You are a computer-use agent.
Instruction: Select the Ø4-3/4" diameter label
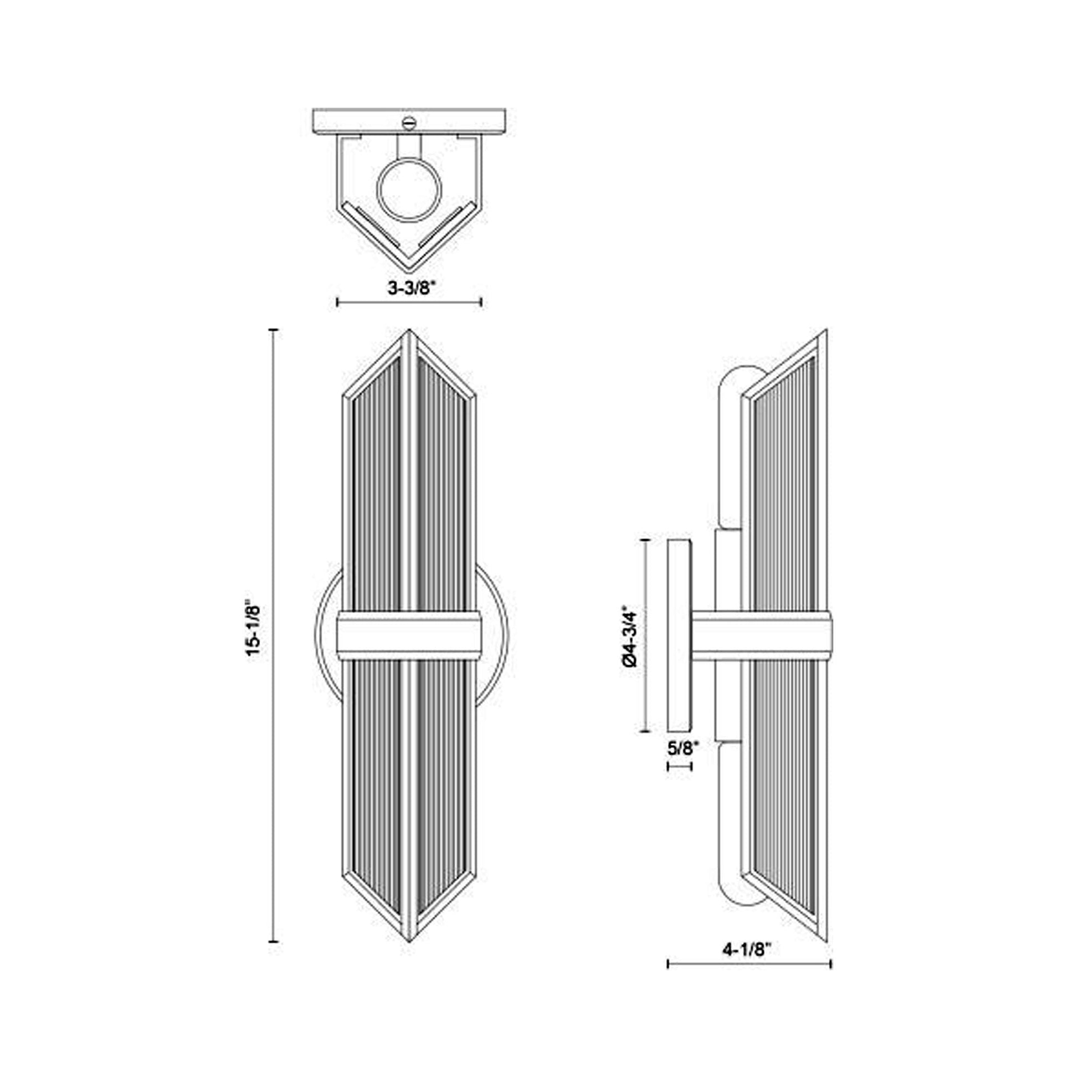(x=630, y=636)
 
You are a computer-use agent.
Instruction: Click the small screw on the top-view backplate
(x=409, y=121)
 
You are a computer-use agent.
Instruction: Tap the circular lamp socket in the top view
(x=410, y=189)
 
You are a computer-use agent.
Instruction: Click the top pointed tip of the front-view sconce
(x=409, y=331)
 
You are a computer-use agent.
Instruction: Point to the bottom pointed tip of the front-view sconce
(x=410, y=939)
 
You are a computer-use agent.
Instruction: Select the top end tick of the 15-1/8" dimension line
(x=274, y=331)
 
